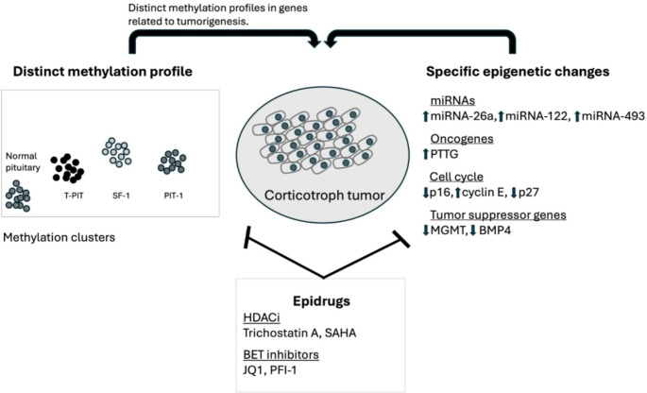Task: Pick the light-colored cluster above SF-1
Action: pos(117,151)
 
